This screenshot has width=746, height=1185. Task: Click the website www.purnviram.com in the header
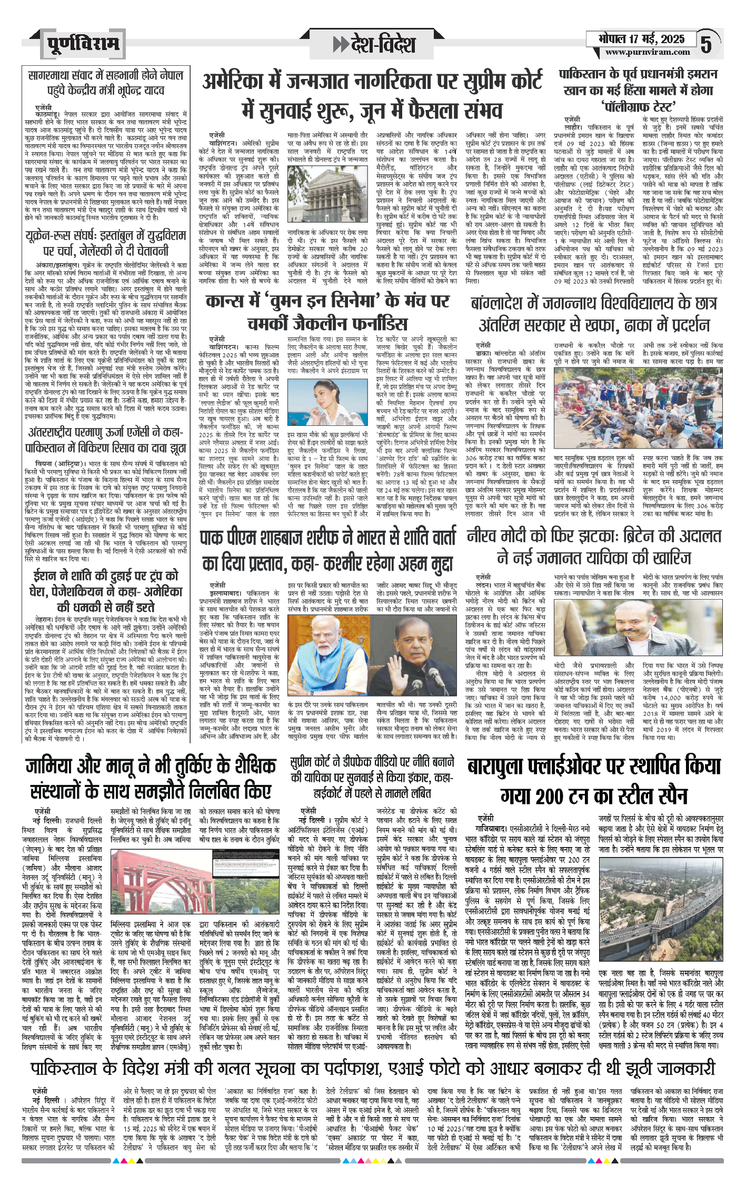[647, 52]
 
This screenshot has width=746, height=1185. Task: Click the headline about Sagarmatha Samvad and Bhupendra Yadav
[105, 83]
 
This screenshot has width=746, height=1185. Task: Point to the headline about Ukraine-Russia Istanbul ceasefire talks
[105, 242]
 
